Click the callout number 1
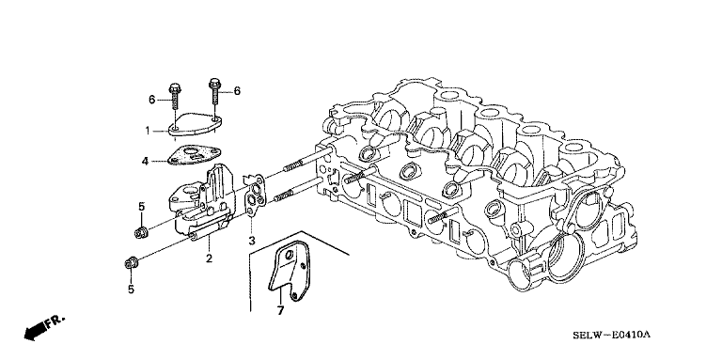click(148, 131)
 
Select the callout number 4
click(145, 161)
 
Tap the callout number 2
click(209, 258)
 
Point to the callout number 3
click(251, 241)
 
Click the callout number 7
click(280, 311)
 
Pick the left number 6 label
click(151, 100)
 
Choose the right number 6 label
click(237, 90)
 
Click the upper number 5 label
click(141, 206)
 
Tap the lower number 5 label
click(131, 290)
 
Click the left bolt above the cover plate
click(175, 96)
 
